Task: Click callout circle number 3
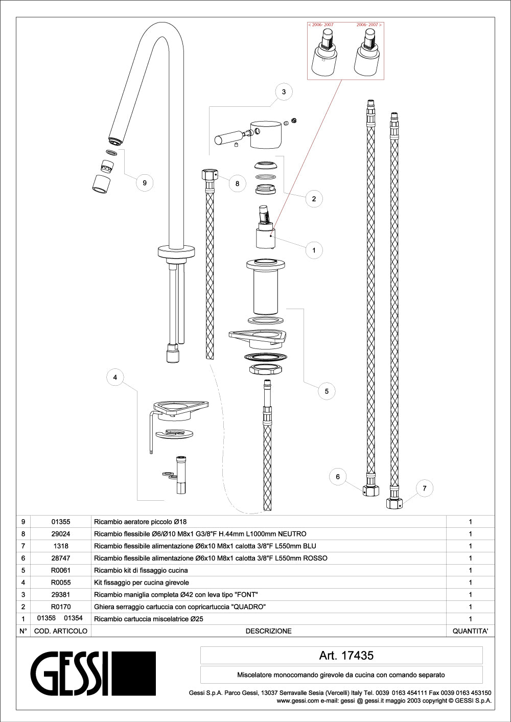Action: tap(284, 92)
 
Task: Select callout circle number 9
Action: tap(145, 183)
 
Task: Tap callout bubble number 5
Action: tap(327, 392)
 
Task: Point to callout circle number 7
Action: tap(425, 488)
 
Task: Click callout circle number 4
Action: tap(115, 378)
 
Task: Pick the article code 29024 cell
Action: tap(61, 534)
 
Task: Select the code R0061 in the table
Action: tap(61, 571)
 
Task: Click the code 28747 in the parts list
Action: tap(61, 558)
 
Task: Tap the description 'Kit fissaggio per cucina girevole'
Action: tap(142, 583)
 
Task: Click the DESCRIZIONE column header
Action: tap(268, 632)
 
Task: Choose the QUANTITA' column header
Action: tap(470, 632)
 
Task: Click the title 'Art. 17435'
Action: tap(346, 656)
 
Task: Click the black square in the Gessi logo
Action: tap(133, 673)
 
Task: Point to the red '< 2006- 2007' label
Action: tap(321, 25)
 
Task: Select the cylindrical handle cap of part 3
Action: tap(266, 135)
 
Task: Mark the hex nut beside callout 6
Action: tap(370, 491)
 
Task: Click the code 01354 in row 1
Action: tap(73, 618)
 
